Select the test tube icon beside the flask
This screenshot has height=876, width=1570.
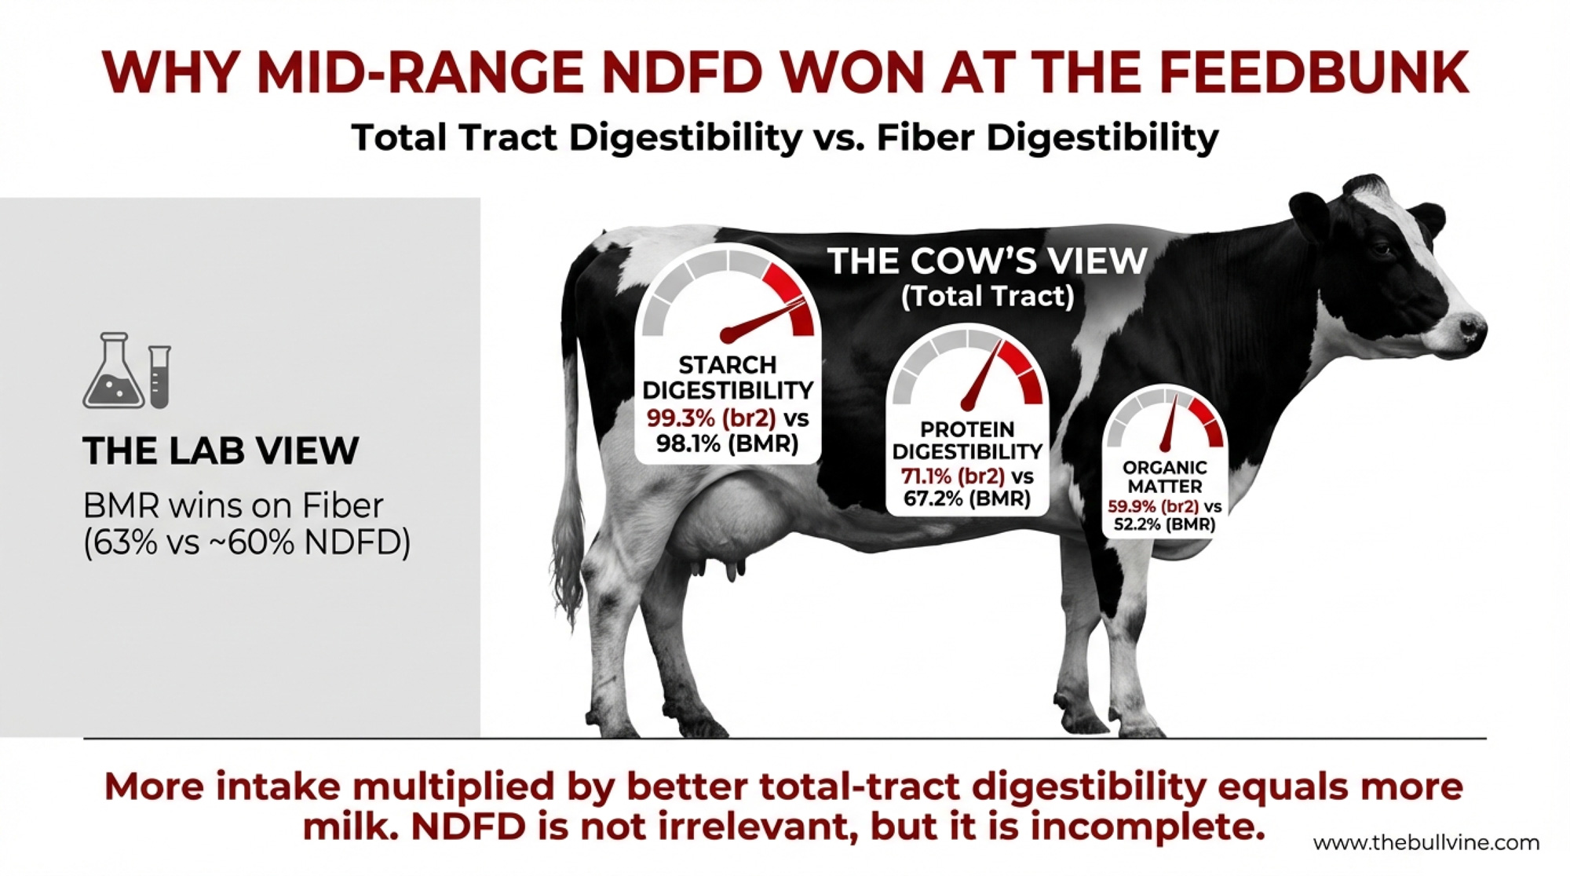pyautogui.click(x=159, y=377)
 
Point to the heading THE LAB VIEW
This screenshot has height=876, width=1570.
pyautogui.click(x=221, y=451)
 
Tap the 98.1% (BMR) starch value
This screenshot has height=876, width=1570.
pyautogui.click(x=727, y=444)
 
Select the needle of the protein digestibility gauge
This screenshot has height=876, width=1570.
pyautogui.click(x=982, y=374)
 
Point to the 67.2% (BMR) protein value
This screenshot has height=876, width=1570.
pyautogui.click(x=966, y=498)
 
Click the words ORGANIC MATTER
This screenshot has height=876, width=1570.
pyautogui.click(x=1165, y=476)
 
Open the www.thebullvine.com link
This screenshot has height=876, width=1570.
pyautogui.click(x=1426, y=843)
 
